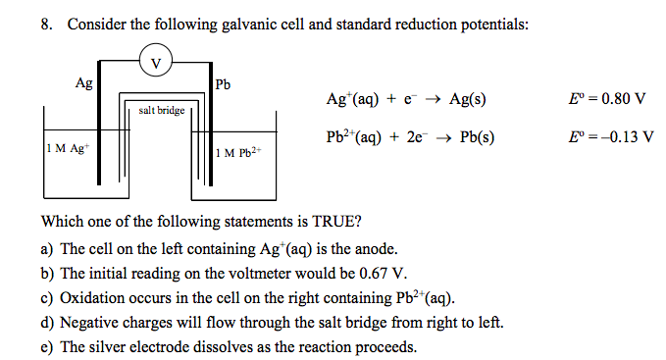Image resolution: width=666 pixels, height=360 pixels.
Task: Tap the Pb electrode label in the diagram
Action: click(223, 85)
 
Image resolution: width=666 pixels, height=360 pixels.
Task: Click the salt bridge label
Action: click(162, 111)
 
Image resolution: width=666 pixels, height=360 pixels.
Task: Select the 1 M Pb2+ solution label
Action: click(240, 153)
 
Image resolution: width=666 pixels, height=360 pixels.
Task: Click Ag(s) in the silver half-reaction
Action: click(468, 99)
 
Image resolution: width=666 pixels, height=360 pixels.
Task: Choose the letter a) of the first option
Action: click(47, 249)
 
